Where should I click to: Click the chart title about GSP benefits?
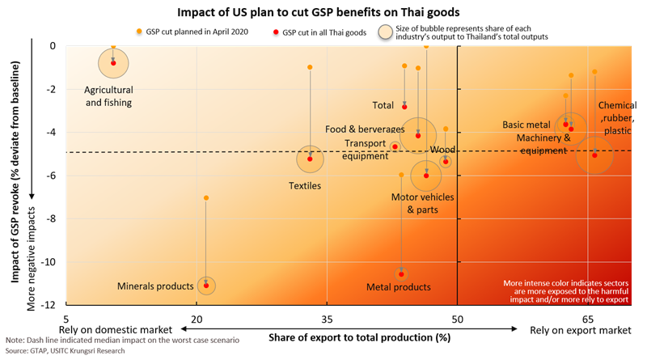(323, 11)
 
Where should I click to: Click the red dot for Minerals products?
(206, 286)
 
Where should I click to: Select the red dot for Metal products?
(401, 274)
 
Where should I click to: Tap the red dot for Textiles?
(310, 159)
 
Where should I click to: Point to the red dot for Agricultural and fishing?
(113, 62)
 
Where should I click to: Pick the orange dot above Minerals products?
(206, 198)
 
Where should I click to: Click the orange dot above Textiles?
(310, 67)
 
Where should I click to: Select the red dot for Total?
(404, 106)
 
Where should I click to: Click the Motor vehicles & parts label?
(422, 203)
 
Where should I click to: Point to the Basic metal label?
(526, 125)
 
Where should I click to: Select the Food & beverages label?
(365, 129)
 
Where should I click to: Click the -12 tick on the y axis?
(49, 305)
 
